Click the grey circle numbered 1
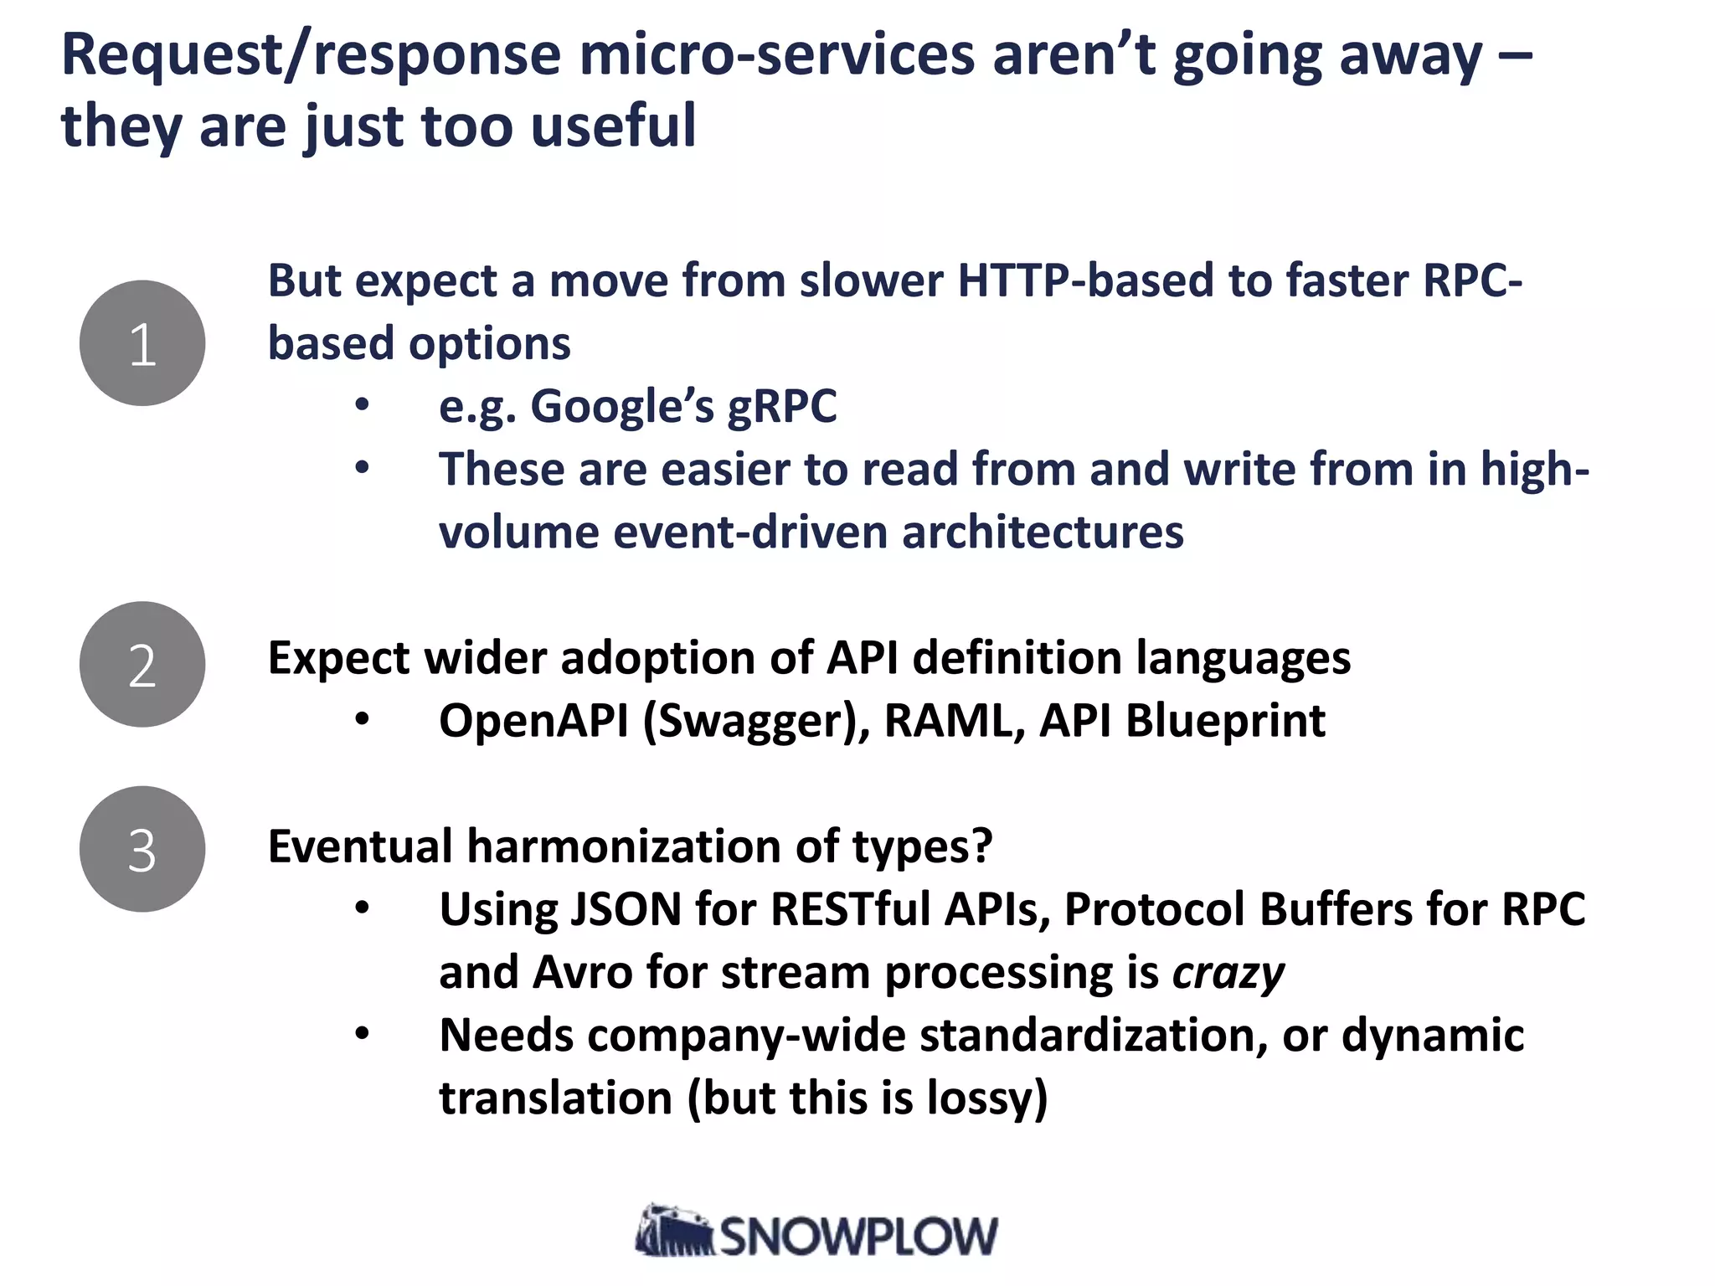click(142, 343)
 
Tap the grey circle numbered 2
click(142, 664)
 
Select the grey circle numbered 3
click(142, 849)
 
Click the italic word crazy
click(1228, 973)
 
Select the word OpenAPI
click(533, 721)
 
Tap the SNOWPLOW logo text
click(858, 1237)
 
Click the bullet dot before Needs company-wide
click(362, 1034)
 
